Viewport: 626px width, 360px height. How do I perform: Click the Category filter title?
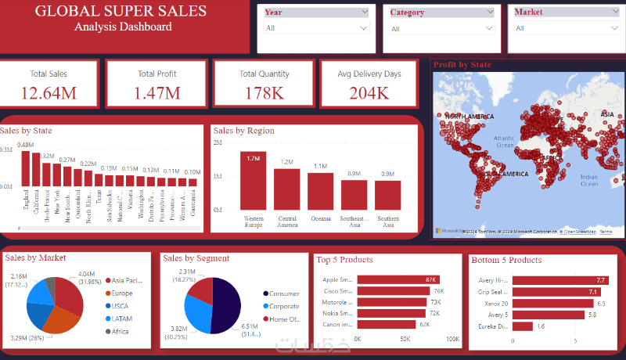pos(407,13)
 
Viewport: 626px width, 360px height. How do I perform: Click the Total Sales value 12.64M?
pos(49,93)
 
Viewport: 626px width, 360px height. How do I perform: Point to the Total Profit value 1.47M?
pos(157,93)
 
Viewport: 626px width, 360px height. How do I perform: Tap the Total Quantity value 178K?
pos(264,93)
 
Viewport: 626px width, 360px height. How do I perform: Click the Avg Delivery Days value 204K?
pos(369,93)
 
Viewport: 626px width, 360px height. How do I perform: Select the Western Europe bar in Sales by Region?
pos(254,180)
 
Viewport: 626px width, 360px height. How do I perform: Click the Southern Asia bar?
pos(387,195)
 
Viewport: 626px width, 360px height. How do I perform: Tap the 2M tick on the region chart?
pos(218,143)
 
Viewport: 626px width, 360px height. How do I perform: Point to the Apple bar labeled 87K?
pos(398,279)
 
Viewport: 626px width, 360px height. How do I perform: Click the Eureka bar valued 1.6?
pos(522,326)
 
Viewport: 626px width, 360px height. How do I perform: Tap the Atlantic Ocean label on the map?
pos(505,141)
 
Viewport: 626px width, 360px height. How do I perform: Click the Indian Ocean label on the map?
pos(588,179)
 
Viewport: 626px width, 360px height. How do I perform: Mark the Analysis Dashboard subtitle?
pos(124,27)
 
